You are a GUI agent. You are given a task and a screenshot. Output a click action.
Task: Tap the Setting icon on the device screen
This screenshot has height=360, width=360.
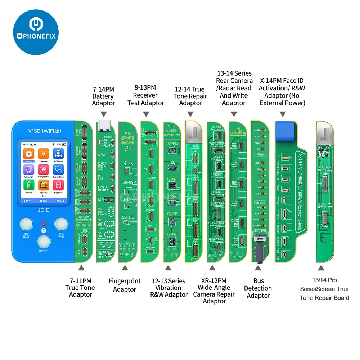(x=28, y=154)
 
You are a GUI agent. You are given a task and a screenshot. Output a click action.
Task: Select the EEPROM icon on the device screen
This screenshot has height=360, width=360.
(x=58, y=154)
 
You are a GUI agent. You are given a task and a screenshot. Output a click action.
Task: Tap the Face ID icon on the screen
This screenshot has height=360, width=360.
(x=43, y=185)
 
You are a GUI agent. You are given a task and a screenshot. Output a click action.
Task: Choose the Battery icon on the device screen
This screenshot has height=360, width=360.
(x=28, y=185)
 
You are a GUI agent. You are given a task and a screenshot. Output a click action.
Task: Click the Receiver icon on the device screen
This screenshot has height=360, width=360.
(x=58, y=185)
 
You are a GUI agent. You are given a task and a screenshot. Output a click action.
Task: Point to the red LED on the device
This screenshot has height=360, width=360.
(x=44, y=224)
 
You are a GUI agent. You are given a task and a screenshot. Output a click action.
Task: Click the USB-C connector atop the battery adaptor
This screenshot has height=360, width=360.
(x=103, y=126)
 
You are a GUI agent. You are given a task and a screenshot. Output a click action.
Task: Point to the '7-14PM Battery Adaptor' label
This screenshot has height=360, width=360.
(x=103, y=96)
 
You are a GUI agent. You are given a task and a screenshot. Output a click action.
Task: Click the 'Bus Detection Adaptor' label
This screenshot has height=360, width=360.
(x=258, y=288)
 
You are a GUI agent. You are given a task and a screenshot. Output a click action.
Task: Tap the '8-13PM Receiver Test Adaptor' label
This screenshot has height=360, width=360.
(x=145, y=95)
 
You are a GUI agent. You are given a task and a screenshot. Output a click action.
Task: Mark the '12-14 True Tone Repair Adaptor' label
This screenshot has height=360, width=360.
(x=190, y=96)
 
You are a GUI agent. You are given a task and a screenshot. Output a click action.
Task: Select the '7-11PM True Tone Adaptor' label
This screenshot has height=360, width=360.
(x=80, y=287)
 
